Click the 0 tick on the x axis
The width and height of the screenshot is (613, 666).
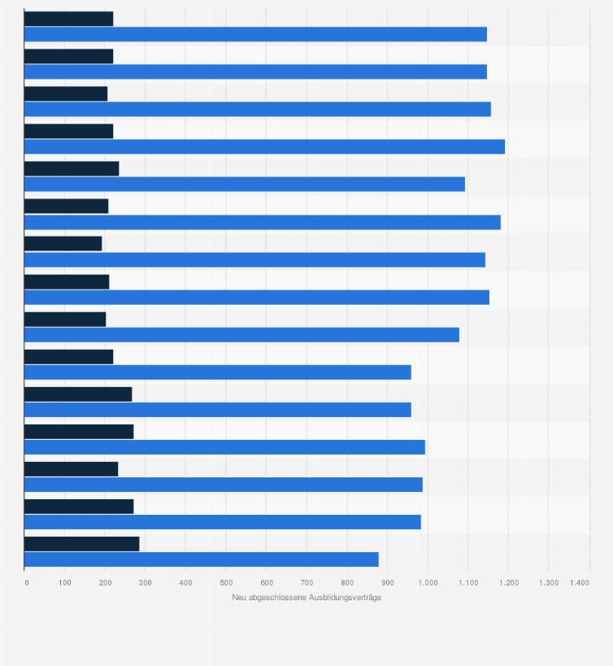(26, 582)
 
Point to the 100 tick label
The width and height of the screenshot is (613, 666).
(65, 582)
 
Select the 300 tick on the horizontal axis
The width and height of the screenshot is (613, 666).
(146, 582)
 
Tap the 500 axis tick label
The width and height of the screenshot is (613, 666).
(226, 582)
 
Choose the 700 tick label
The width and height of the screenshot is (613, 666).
(306, 582)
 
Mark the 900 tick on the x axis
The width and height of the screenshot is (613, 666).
(387, 582)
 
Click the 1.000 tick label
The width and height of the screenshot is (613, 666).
(428, 582)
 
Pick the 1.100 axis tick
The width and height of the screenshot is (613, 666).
(467, 582)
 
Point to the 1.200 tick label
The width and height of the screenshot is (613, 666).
(508, 582)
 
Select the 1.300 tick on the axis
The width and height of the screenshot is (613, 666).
(548, 582)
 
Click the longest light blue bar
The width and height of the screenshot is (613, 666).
(264, 146)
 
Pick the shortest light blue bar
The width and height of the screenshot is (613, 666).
(201, 559)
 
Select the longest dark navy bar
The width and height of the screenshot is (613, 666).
(81, 544)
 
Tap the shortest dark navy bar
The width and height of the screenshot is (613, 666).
(63, 243)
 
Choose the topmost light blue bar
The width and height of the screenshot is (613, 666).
(255, 34)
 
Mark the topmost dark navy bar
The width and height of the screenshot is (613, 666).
(68, 19)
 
